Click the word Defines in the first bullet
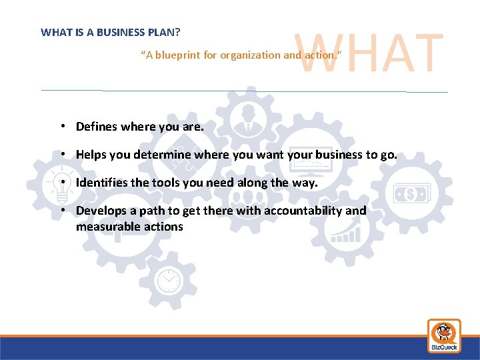coord(96,126)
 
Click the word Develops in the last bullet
coord(100,211)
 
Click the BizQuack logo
coord(443,335)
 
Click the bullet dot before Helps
coord(61,154)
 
